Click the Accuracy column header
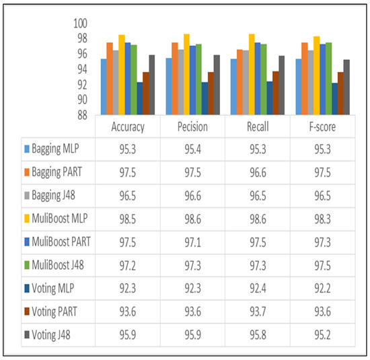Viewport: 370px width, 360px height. coord(127,127)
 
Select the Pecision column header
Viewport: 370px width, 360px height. coord(192,127)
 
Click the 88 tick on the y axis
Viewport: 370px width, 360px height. coord(83,115)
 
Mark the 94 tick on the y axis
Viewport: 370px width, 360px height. coord(83,69)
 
